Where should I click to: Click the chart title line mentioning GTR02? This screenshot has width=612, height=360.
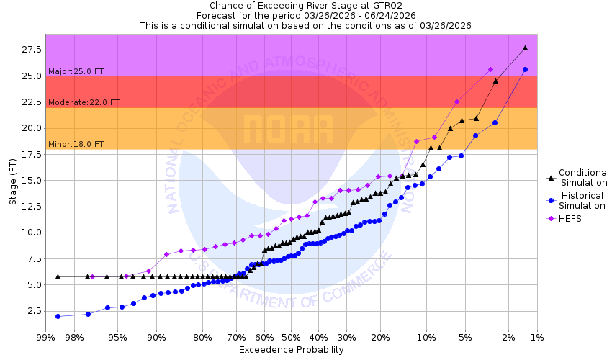coord(305,5)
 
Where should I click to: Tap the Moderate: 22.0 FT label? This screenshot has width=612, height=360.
coord(84,102)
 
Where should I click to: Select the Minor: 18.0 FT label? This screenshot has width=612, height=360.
coord(76,144)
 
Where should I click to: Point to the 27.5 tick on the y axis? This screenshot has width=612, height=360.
coord(32,50)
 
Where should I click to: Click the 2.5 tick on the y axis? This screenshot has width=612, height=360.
coord(34,311)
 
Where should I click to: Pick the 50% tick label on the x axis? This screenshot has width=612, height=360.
coord(290,338)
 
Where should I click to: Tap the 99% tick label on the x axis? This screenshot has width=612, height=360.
coord(45,338)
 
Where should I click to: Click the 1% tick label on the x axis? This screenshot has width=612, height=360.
coord(536,338)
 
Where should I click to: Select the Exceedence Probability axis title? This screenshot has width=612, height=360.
coord(291,350)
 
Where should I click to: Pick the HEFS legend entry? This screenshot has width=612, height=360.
coord(570,219)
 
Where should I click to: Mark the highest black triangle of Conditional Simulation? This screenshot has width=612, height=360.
coord(525,48)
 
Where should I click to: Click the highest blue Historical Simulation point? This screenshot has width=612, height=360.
coord(525,69)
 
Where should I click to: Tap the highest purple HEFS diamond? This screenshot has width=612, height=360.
coord(490,69)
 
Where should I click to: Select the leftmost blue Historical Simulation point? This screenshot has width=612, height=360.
coord(58,316)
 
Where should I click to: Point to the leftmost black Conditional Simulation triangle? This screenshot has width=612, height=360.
coord(58,276)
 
